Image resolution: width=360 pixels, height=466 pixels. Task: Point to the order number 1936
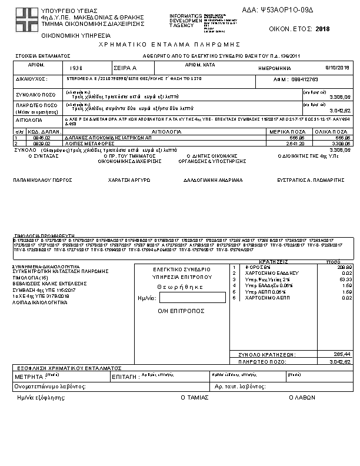76,68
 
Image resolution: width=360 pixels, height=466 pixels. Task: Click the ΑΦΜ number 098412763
305,79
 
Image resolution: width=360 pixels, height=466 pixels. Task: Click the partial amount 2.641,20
294,142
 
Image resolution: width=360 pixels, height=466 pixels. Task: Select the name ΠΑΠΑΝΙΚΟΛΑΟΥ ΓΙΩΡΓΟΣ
38,181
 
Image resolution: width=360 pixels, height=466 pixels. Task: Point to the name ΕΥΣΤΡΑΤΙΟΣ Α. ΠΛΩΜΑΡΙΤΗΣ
311,181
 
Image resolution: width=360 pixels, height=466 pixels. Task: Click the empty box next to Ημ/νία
184,298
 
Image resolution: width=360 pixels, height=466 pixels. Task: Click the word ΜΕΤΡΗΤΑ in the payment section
28,375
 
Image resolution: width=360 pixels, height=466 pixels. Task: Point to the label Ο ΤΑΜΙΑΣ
195,397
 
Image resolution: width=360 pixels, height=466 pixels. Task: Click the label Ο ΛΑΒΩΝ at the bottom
302,397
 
